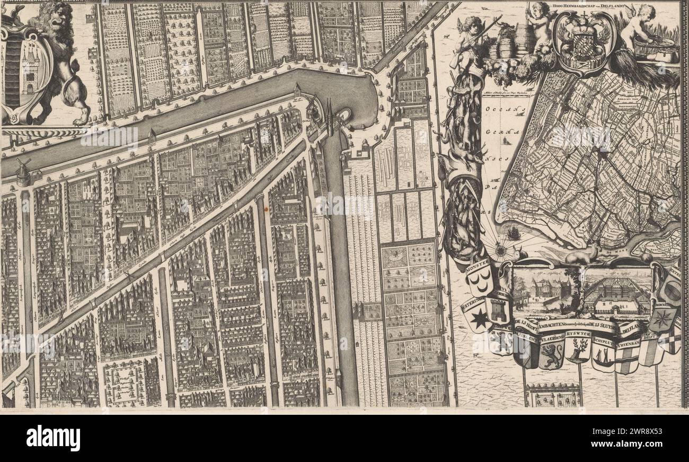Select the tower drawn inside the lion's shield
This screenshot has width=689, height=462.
(29, 72)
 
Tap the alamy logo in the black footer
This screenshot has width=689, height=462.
(53, 438)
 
